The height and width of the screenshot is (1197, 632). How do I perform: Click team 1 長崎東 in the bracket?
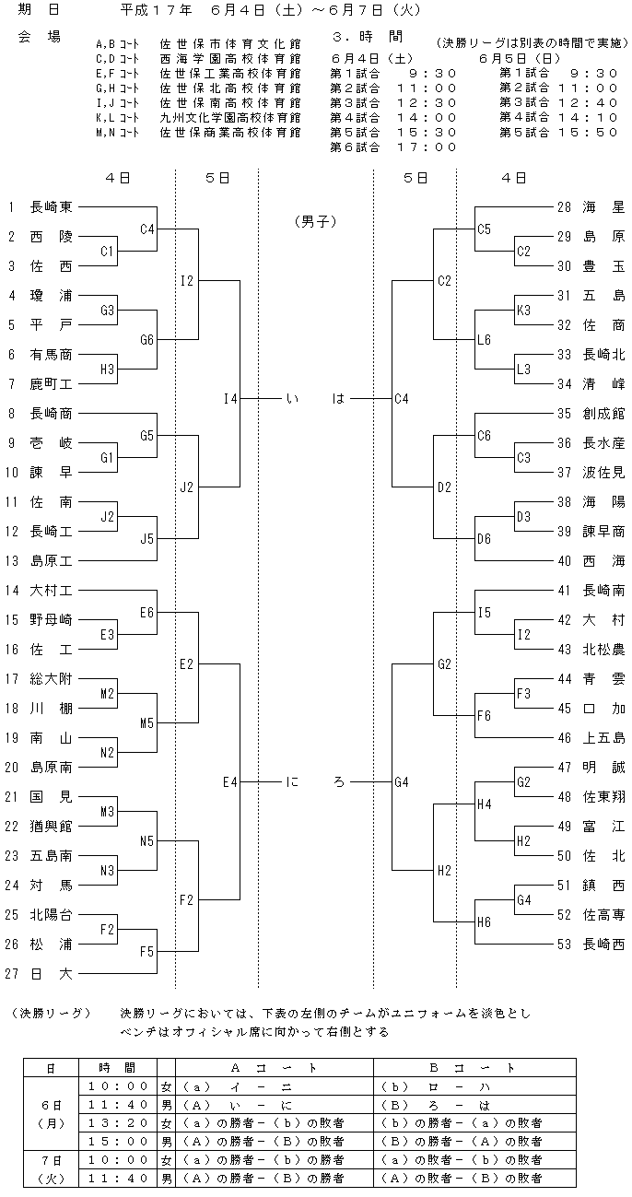pyautogui.click(x=40, y=206)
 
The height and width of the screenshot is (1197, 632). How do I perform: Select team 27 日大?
pyautogui.click(x=39, y=974)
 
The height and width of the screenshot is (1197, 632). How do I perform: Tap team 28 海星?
pyautogui.click(x=591, y=206)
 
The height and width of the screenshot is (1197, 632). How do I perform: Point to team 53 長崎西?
pyautogui.click(x=591, y=945)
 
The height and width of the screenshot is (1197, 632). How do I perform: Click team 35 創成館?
pyautogui.click(x=591, y=413)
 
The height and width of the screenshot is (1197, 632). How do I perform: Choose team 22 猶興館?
pyautogui.click(x=39, y=827)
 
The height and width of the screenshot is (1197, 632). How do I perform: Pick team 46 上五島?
pyautogui.click(x=591, y=738)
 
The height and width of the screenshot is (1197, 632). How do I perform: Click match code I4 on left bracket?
pyautogui.click(x=230, y=399)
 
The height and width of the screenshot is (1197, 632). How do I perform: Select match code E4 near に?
pyautogui.click(x=229, y=782)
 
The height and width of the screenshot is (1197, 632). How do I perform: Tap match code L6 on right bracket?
pyautogui.click(x=484, y=340)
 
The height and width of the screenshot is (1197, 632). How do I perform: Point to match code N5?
pyautogui.click(x=146, y=841)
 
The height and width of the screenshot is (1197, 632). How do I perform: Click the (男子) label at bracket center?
pyautogui.click(x=316, y=222)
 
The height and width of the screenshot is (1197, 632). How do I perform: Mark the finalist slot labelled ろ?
pyautogui.click(x=339, y=782)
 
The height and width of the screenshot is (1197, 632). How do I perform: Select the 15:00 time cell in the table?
pyautogui.click(x=118, y=1141)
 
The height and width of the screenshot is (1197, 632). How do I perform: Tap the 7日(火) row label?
pyautogui.click(x=51, y=1168)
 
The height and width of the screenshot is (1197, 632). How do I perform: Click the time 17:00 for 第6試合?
pyautogui.click(x=427, y=147)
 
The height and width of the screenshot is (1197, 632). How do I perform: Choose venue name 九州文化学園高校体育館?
pyautogui.click(x=230, y=117)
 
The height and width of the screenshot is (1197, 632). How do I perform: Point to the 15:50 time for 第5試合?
pyautogui.click(x=588, y=132)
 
